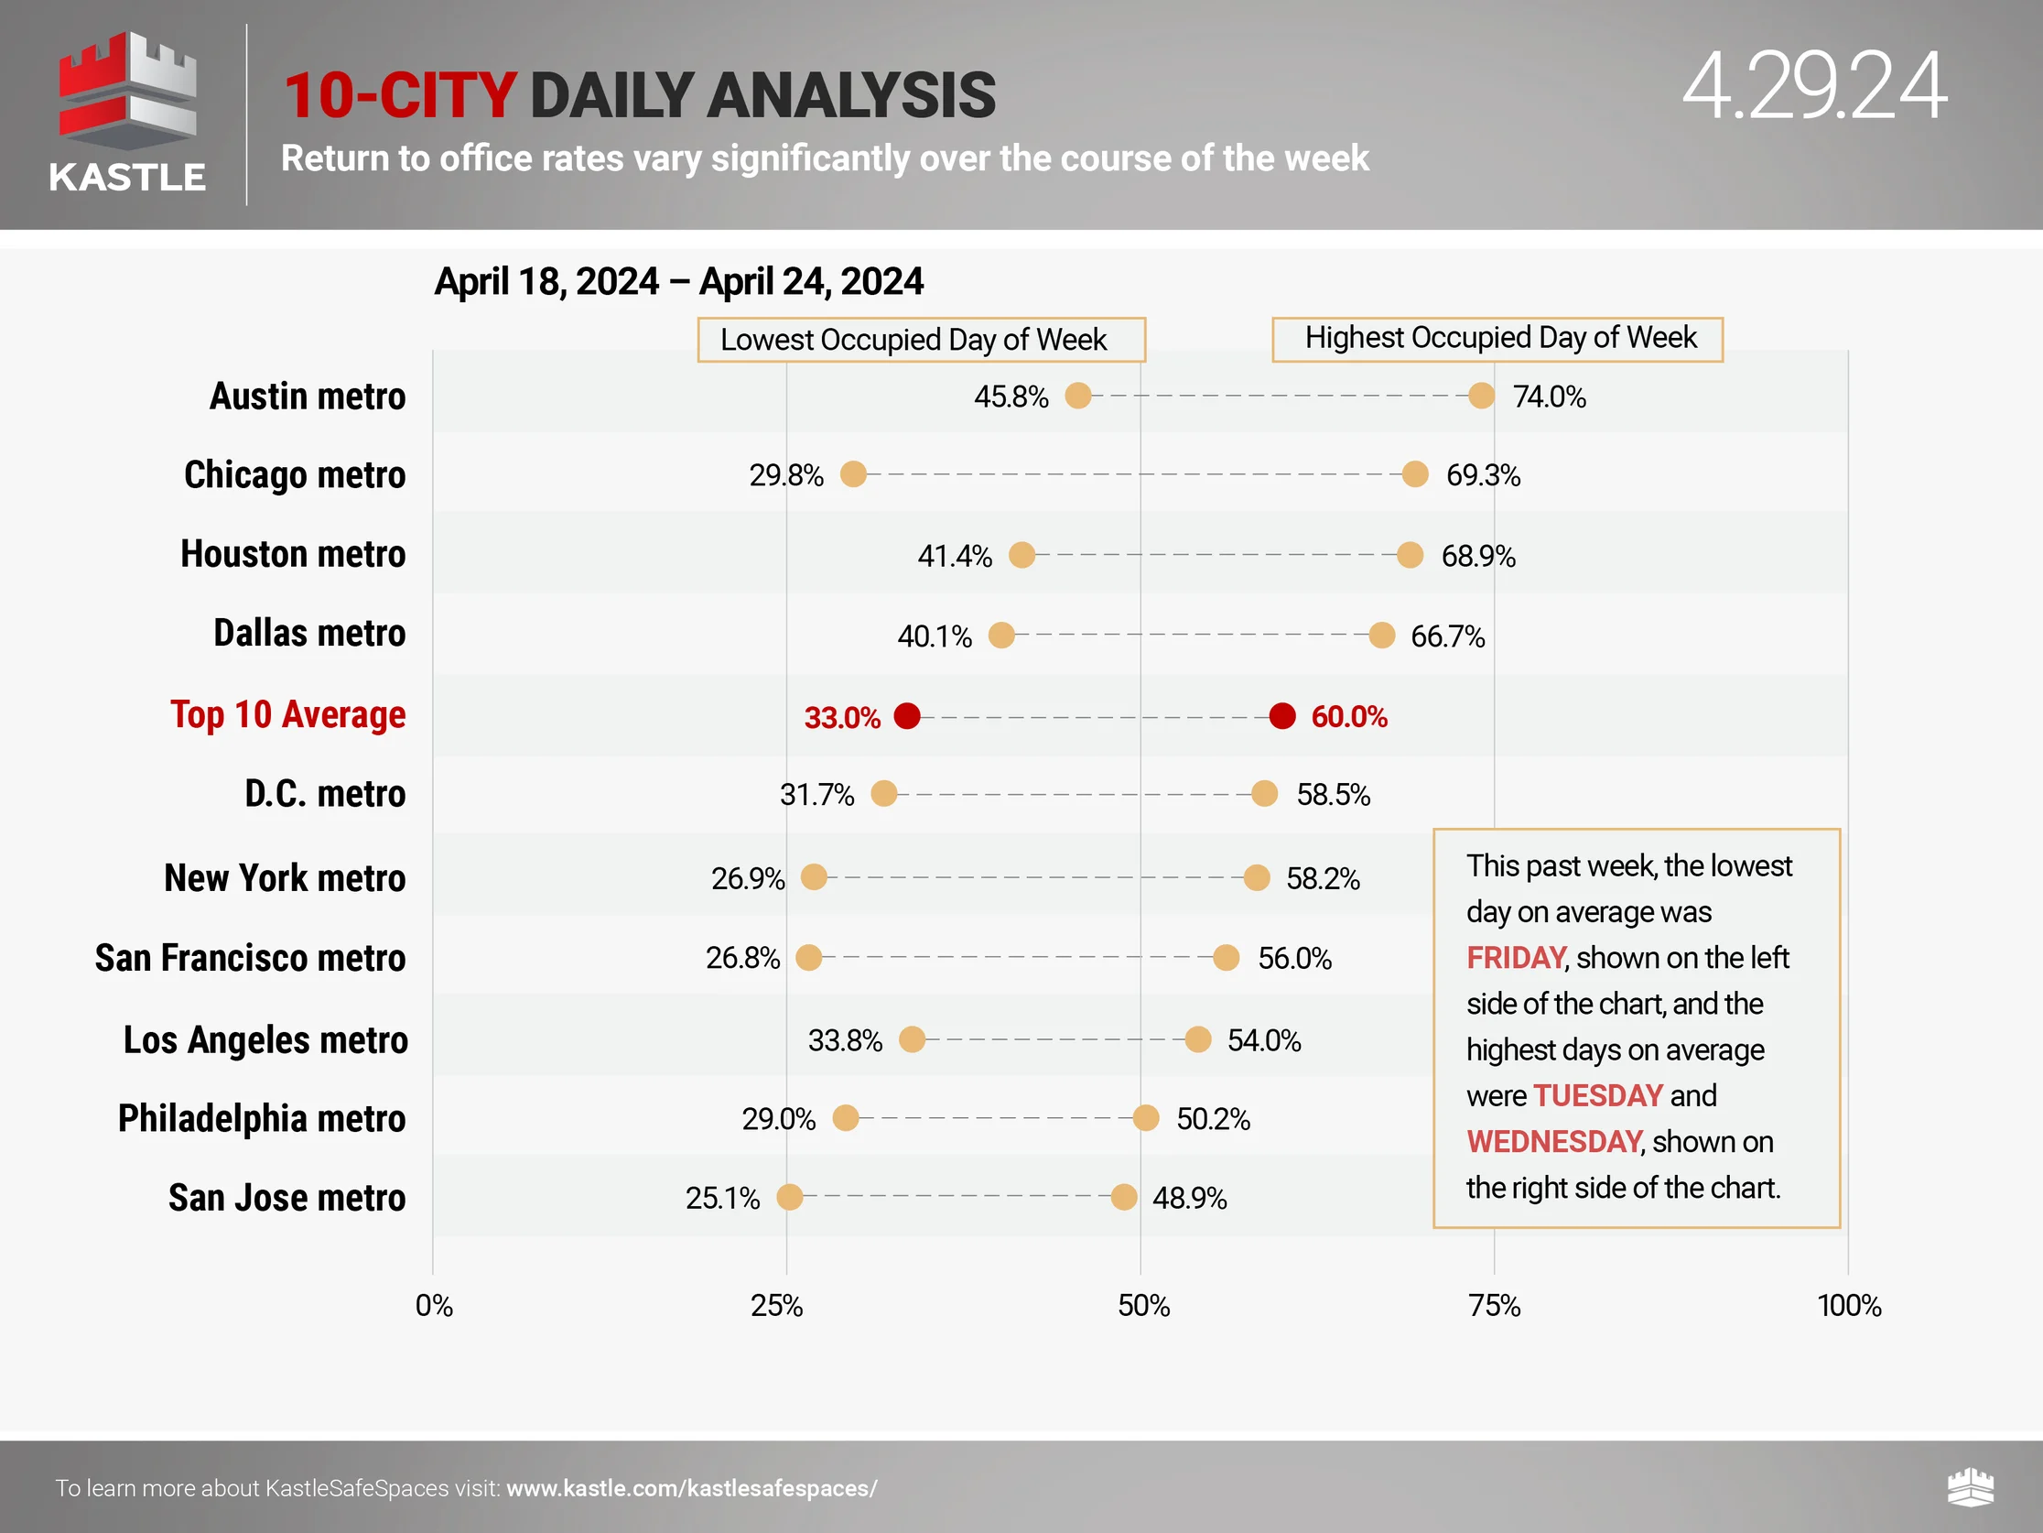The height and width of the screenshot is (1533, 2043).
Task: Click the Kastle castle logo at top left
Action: [x=127, y=92]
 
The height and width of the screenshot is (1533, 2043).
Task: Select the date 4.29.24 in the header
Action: [x=1814, y=88]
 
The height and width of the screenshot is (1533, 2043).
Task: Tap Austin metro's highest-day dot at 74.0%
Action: [x=1482, y=396]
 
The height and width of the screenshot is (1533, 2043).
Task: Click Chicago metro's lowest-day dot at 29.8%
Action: [x=853, y=474]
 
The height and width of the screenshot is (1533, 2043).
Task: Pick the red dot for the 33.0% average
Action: [x=907, y=716]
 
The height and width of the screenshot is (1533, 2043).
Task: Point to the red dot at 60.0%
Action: [x=1282, y=716]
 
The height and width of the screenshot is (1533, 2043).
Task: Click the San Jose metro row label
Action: [x=286, y=1198]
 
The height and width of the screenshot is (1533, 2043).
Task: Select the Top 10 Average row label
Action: [x=287, y=715]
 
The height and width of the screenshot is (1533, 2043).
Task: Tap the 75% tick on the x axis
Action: [x=1495, y=1306]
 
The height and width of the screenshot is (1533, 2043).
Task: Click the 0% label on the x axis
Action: [x=434, y=1306]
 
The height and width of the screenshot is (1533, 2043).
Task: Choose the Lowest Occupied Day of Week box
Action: [x=921, y=340]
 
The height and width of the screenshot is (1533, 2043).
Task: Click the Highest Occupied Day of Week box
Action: [x=1497, y=338]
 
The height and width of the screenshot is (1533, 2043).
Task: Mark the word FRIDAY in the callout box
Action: [x=1516, y=958]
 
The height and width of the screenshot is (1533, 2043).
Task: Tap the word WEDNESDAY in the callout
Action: [x=1553, y=1142]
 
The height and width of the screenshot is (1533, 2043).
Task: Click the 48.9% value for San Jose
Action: [x=1190, y=1199]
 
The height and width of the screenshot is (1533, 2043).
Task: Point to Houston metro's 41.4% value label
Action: [x=954, y=556]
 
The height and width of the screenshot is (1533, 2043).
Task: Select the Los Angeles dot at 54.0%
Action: [x=1198, y=1039]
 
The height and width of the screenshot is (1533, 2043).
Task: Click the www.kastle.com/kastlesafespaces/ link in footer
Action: [x=691, y=1489]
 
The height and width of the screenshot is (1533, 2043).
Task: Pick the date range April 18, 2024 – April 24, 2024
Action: [x=679, y=282]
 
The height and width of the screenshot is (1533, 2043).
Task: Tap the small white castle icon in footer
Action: [x=1970, y=1487]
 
